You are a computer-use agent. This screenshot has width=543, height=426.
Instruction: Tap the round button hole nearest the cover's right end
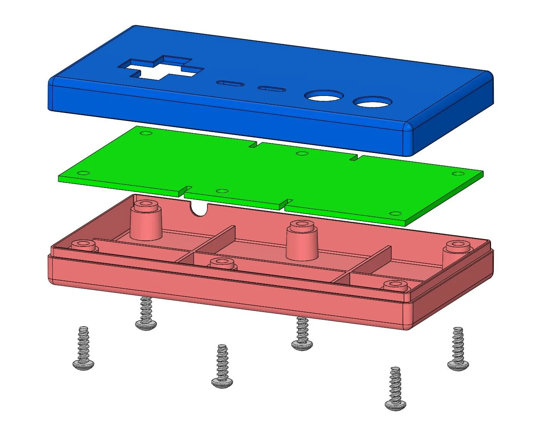(373, 102)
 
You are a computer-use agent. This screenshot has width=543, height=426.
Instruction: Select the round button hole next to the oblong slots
(324, 96)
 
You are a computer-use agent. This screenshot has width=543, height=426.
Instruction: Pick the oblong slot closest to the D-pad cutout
(230, 83)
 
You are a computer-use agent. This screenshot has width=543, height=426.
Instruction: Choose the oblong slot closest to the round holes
(272, 89)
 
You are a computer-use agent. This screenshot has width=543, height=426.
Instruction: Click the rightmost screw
(458, 349)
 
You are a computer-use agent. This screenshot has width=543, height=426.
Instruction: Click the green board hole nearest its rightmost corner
(458, 173)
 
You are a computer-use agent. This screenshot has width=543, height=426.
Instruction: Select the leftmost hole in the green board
(145, 133)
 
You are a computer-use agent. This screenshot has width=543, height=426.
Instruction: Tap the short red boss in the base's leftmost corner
(83, 245)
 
